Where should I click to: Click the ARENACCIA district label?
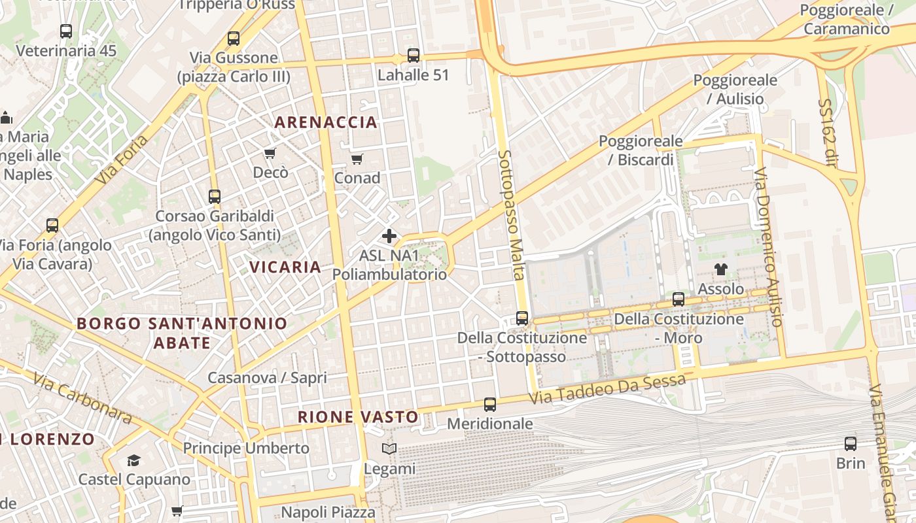(x=326, y=122)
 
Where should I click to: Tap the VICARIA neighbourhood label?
(x=285, y=267)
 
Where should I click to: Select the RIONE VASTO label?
(x=358, y=417)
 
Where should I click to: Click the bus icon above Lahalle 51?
(x=414, y=56)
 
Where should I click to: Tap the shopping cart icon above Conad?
(x=357, y=159)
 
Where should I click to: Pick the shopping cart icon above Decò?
(x=270, y=154)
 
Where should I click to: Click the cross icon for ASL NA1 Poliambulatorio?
(x=389, y=236)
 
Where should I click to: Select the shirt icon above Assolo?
(x=721, y=269)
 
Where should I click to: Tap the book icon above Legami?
(x=389, y=449)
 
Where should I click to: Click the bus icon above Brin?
(x=851, y=444)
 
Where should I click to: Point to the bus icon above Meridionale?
(x=490, y=405)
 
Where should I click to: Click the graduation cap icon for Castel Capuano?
(x=134, y=460)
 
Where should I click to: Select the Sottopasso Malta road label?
(x=512, y=215)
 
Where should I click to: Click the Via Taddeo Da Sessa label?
(x=608, y=388)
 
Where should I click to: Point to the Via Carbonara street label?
(x=82, y=397)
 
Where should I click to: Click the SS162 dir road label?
(x=827, y=133)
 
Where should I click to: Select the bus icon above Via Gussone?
(x=234, y=39)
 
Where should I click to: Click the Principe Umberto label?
(x=246, y=448)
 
